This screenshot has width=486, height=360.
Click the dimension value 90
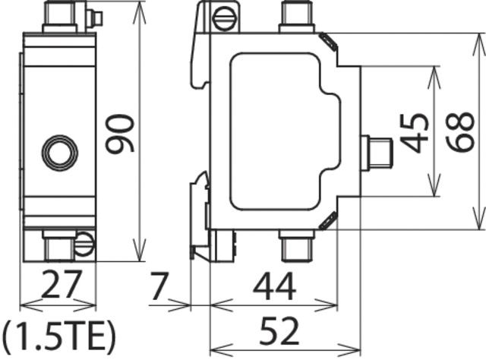click(x=119, y=134)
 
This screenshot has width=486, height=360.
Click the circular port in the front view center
click(x=58, y=152)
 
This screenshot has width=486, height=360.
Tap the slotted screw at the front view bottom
click(x=84, y=244)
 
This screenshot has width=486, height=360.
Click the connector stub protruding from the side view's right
click(x=376, y=152)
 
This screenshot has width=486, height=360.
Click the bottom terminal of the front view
click(x=57, y=245)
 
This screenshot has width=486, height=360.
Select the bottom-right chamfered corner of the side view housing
click(x=328, y=221)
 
